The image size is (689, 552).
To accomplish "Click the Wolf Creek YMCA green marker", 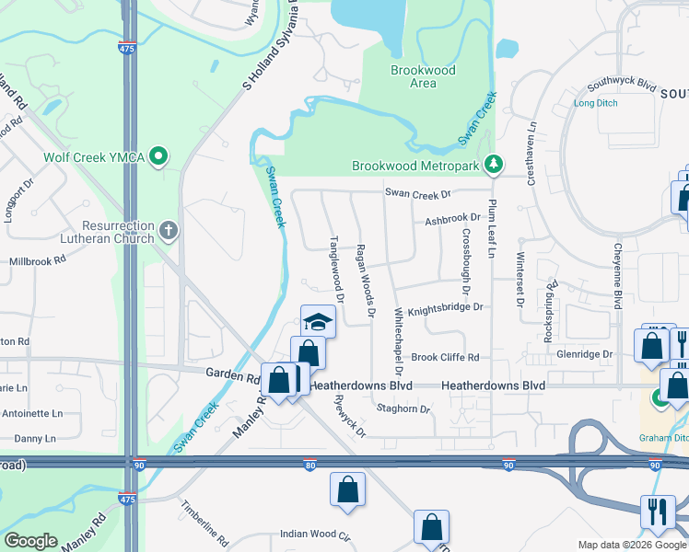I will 159,157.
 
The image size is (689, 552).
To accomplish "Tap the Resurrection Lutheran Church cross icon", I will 168,232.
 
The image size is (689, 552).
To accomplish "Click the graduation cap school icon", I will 318,322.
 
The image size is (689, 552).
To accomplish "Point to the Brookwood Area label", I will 413,76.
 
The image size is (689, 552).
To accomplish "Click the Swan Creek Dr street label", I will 418,194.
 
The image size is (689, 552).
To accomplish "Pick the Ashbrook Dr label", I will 452,220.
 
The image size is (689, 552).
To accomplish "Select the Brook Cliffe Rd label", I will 445,357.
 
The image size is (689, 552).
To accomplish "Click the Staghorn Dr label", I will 403,408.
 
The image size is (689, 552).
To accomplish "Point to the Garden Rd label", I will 231,377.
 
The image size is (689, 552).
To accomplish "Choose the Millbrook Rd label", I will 38,261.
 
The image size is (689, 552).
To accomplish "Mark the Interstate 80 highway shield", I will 309,466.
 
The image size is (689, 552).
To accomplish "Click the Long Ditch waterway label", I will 596,103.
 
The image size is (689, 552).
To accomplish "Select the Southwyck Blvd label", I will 621,84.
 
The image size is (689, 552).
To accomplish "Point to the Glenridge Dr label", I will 584,354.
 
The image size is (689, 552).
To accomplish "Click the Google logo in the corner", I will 30,541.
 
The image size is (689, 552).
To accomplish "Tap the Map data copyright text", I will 631,545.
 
